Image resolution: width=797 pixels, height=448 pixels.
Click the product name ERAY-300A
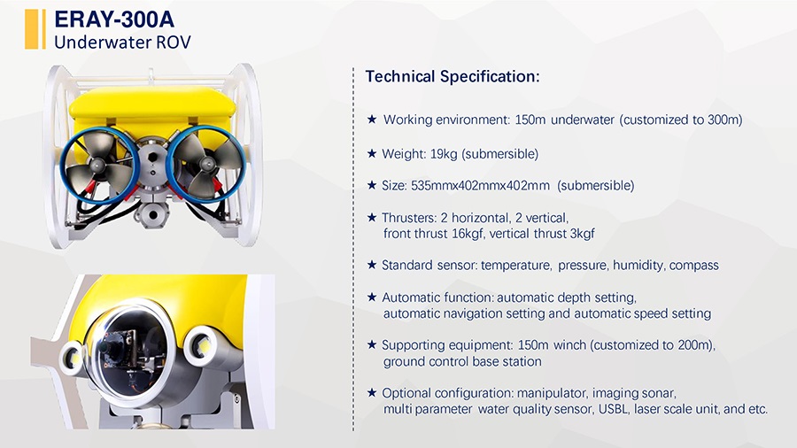[x=114, y=19]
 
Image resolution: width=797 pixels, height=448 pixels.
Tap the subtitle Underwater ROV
[x=122, y=42]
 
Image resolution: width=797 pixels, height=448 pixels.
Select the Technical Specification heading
[x=453, y=77]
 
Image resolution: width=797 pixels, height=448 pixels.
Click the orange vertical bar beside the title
[x=32, y=29]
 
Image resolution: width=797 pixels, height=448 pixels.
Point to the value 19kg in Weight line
[x=444, y=154]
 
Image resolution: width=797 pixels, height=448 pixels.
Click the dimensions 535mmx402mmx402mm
[x=480, y=185]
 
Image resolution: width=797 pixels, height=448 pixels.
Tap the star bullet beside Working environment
[x=372, y=120]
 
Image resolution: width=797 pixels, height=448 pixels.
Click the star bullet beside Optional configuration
[x=372, y=392]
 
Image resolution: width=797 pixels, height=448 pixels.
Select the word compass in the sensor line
[x=693, y=266]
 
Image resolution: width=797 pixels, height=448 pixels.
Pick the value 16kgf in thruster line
[x=468, y=234]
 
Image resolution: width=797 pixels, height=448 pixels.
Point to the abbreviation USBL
[x=613, y=409]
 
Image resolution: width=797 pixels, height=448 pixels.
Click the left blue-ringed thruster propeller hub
[x=97, y=164]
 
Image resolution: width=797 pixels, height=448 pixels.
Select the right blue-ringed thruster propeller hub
[x=207, y=164]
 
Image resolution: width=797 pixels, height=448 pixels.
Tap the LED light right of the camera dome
[x=203, y=346]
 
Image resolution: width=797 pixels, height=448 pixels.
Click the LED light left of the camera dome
[x=73, y=357]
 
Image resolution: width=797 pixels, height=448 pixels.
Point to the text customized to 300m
[x=681, y=120]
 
